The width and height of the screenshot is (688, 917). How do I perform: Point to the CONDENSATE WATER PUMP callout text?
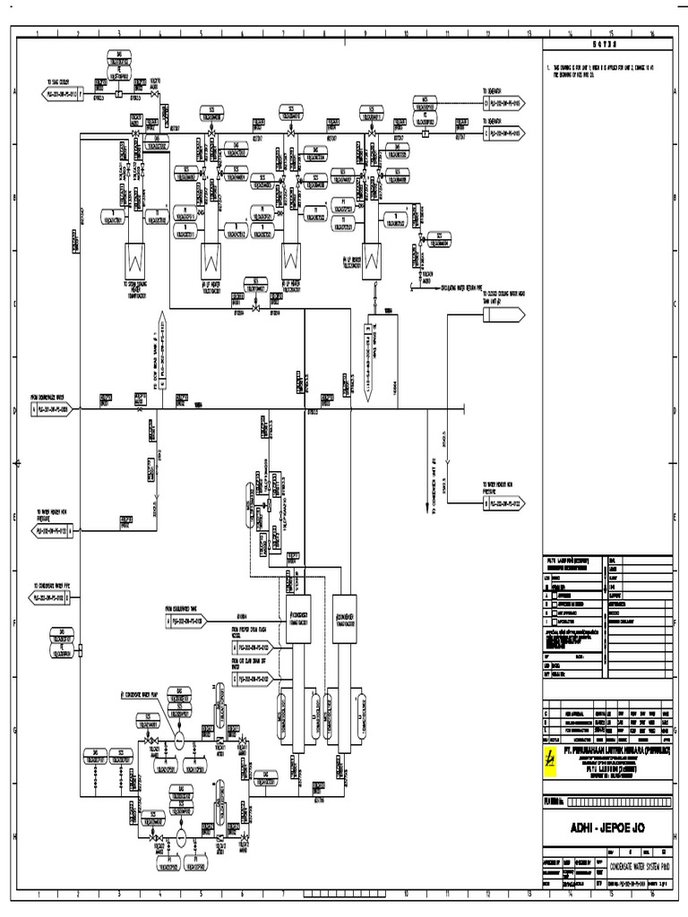coord(143,694)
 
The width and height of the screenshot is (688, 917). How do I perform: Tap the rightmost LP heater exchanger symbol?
coord(372,259)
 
